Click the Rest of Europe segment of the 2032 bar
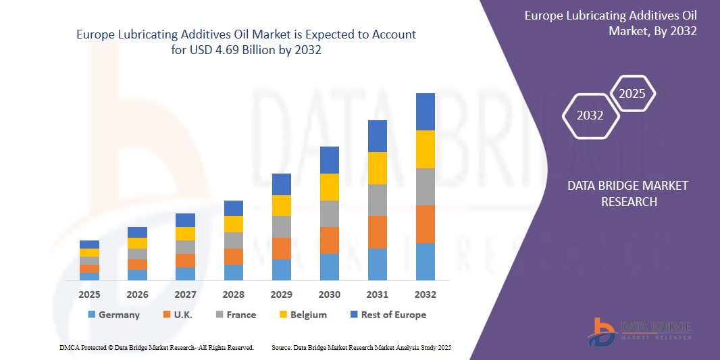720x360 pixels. click(426, 111)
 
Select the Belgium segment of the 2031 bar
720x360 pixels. click(377, 168)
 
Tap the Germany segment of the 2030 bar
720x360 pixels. click(329, 267)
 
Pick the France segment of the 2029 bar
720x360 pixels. click(281, 227)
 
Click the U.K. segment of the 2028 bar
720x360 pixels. click(233, 257)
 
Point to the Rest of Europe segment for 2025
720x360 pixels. click(89, 245)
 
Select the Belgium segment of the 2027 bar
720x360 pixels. click(185, 234)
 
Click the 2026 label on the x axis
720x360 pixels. click(137, 294)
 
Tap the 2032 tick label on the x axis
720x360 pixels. click(426, 294)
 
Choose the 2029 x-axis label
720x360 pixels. click(281, 294)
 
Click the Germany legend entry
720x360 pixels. click(113, 315)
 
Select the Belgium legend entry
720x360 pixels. click(303, 315)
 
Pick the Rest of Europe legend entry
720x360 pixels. click(388, 315)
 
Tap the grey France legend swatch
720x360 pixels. click(220, 315)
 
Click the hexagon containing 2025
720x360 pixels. click(632, 94)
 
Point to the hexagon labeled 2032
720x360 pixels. click(590, 115)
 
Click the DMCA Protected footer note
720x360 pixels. click(156, 347)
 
